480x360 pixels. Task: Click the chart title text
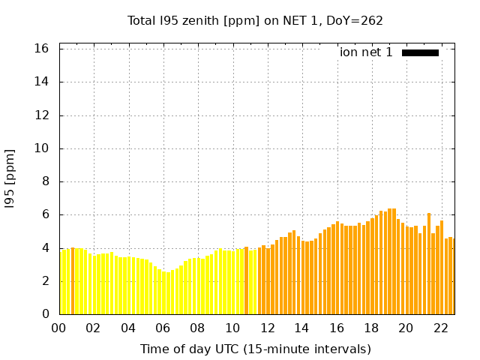[x=255, y=20]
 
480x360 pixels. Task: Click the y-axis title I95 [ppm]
[x=10, y=178]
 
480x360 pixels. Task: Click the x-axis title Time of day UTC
[x=255, y=349]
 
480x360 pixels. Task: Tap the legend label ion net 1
[x=366, y=52]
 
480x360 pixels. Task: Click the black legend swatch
[x=420, y=52]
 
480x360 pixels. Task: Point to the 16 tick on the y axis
[x=42, y=49]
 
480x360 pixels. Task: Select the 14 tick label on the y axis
[x=42, y=82]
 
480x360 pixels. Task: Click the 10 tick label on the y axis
[x=42, y=148]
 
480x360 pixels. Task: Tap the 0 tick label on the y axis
[x=45, y=314]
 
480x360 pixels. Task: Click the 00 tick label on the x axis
[x=59, y=328]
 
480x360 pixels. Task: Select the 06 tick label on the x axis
[x=163, y=328]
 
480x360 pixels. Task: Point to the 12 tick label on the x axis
[x=267, y=328]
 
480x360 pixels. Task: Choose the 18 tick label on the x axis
[x=371, y=328]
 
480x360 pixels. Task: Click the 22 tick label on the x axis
[x=440, y=328]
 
